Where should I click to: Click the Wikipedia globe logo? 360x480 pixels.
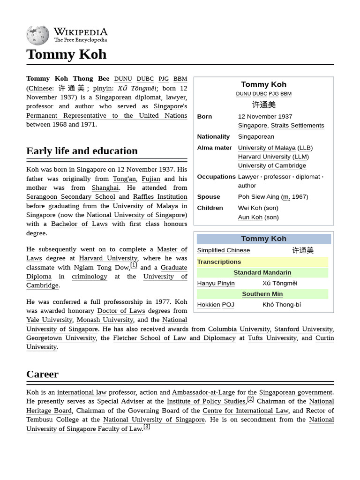coord(37,35)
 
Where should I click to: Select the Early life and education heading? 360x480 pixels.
coord(82,151)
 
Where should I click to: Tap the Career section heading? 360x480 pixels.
coord(42,374)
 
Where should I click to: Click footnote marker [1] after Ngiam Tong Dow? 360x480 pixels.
coord(134,265)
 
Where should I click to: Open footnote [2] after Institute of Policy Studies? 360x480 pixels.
coord(250,399)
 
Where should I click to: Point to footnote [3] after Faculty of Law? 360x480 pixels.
coord(147,427)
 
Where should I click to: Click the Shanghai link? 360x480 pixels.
coord(105,187)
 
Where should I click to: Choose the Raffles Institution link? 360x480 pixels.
coord(160,197)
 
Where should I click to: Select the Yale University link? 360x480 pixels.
coord(49,320)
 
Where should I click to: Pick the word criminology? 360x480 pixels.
coord(89,277)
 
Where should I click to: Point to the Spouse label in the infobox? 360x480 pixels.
coord(209,197)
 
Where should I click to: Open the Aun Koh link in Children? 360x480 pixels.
coord(250,217)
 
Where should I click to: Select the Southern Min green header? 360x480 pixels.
coord(262,294)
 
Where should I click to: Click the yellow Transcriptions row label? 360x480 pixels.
coord(219,262)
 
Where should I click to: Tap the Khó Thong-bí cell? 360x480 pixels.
coord(282,305)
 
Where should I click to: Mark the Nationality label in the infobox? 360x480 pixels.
coord(213,136)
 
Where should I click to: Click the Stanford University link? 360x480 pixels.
coord(303,329)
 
